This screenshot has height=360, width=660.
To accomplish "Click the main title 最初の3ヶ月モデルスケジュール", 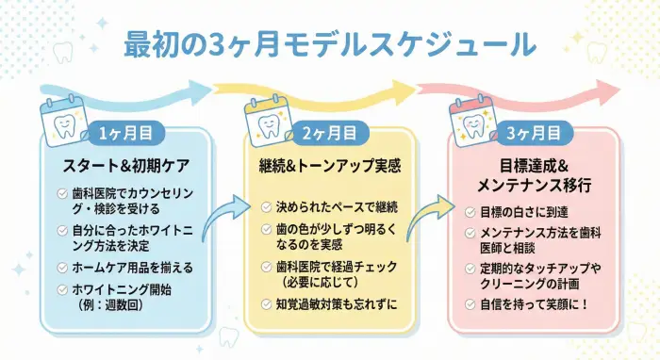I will click(x=330, y=43).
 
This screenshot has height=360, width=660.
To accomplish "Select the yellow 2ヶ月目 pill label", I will click(x=329, y=133).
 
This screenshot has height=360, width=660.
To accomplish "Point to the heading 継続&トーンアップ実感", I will click(x=330, y=167).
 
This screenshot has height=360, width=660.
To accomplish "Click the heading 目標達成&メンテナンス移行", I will click(x=533, y=176).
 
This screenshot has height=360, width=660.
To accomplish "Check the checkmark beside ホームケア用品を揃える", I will click(x=61, y=268).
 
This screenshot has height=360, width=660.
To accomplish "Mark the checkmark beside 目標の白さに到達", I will click(x=470, y=213).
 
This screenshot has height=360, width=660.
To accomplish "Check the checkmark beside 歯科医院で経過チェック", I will click(x=266, y=268).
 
